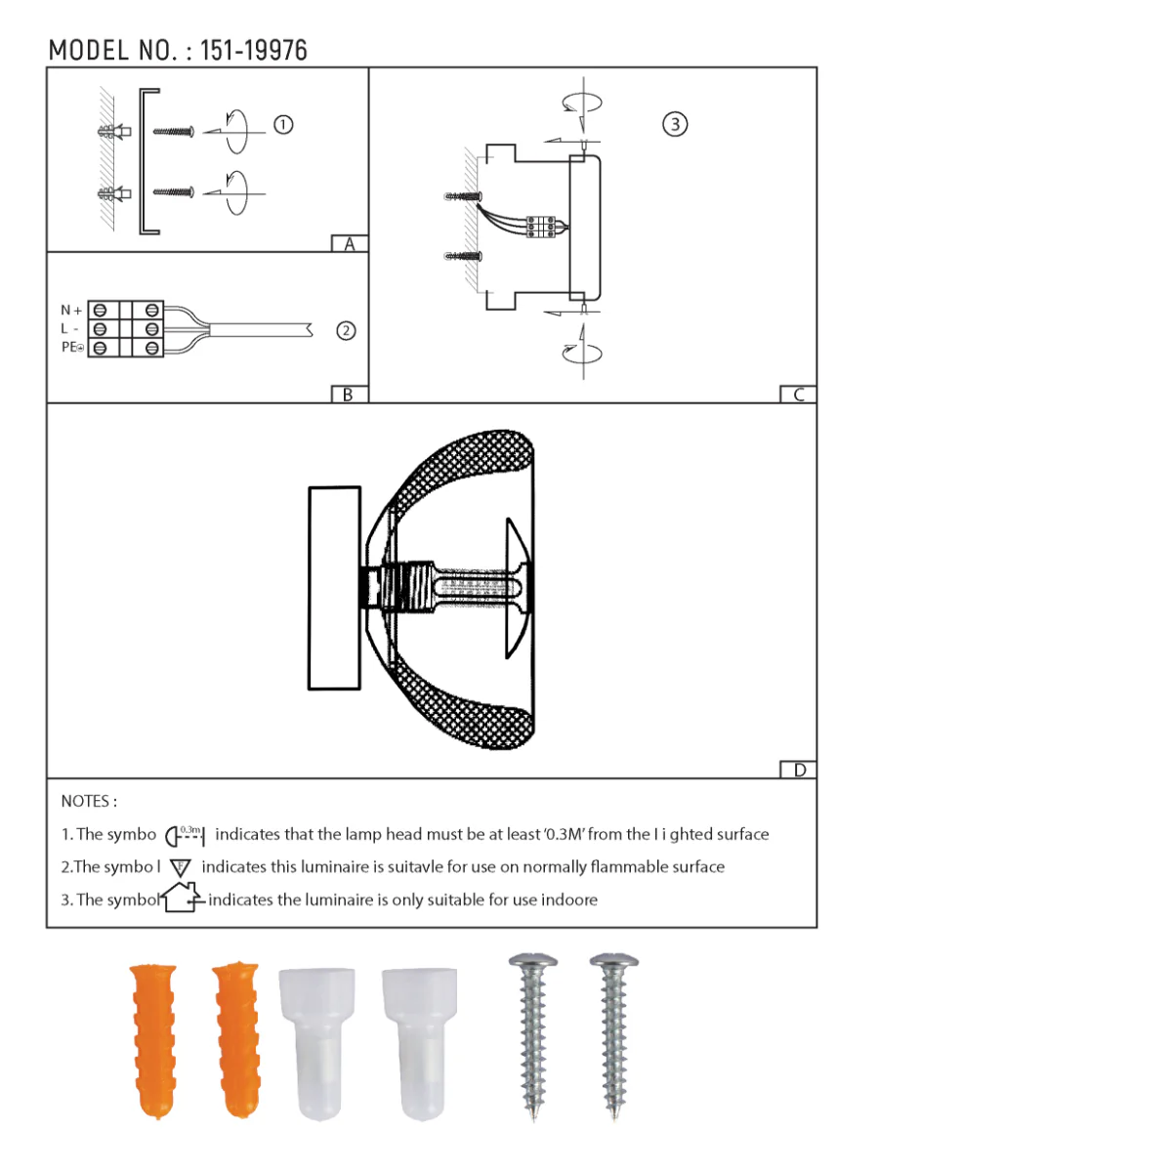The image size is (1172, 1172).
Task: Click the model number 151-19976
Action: click(x=253, y=51)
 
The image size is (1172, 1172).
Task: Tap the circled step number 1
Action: click(x=283, y=125)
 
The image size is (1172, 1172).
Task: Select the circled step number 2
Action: click(x=346, y=331)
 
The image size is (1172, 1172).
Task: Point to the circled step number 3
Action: click(x=675, y=124)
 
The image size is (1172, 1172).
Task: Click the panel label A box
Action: click(x=350, y=244)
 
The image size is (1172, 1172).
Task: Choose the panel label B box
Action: click(x=349, y=395)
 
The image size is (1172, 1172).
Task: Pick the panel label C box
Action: click(x=798, y=395)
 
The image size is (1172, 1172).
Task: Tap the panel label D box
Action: click(x=799, y=770)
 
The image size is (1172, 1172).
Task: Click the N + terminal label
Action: click(x=71, y=311)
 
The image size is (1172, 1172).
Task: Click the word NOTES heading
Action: click(x=88, y=801)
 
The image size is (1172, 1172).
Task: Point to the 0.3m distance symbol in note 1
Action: click(x=185, y=835)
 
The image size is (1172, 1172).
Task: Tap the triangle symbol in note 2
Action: click(x=181, y=867)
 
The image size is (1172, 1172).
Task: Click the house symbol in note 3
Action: click(x=182, y=898)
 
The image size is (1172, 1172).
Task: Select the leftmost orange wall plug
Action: click(x=154, y=1040)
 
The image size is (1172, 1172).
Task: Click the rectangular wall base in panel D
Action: click(x=334, y=588)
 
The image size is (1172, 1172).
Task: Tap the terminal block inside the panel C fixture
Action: click(x=541, y=227)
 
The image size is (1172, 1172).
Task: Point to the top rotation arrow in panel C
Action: click(x=582, y=103)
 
